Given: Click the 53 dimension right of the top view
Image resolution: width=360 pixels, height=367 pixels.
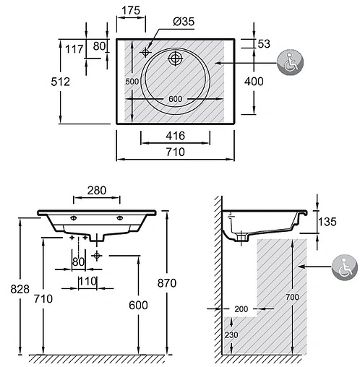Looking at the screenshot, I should [x=263, y=44].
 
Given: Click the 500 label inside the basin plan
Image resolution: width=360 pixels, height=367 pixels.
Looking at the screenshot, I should [x=131, y=82].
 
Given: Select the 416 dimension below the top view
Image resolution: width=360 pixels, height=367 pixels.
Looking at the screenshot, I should [x=175, y=136].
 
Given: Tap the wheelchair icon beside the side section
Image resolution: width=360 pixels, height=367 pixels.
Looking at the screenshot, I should [x=344, y=267].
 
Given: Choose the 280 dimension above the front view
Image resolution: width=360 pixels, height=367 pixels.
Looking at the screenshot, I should [x=97, y=191].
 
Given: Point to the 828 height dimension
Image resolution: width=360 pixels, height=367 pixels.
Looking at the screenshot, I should [x=21, y=289].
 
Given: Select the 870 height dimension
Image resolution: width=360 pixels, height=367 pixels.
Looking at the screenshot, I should [x=186, y=283].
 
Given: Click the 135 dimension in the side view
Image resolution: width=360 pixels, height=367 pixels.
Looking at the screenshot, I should [x=328, y=221].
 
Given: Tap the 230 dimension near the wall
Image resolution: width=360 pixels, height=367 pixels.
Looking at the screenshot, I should [x=230, y=336].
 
